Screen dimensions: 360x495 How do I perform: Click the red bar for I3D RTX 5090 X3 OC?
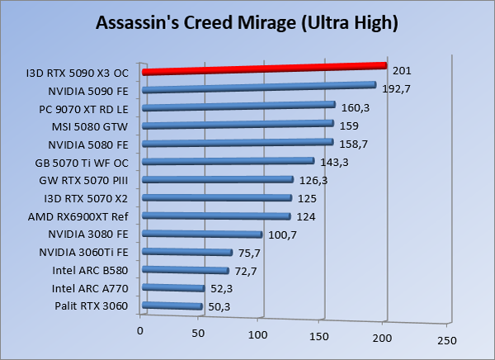[x=264, y=68]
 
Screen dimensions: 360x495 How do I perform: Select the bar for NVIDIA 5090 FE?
[x=259, y=88]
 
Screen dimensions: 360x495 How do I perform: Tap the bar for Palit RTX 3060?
[x=172, y=306]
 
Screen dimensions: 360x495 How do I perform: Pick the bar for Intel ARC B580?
[x=186, y=270]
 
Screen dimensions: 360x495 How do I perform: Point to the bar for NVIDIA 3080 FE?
[x=202, y=234]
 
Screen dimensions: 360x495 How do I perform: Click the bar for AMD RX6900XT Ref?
[x=216, y=216]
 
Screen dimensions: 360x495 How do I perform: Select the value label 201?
[x=402, y=70]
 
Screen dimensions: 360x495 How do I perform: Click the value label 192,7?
[x=396, y=88]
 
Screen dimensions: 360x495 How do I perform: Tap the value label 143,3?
[x=334, y=162]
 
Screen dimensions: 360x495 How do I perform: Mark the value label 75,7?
[x=249, y=253]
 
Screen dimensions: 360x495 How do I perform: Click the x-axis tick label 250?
[x=446, y=339]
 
